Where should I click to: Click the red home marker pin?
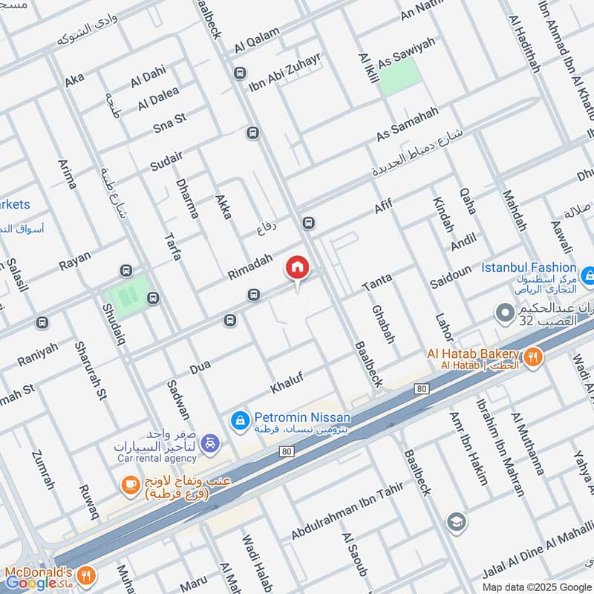[297, 268]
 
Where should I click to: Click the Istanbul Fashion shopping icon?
[587, 277]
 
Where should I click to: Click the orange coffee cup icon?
[129, 484]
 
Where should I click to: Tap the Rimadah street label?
[250, 265]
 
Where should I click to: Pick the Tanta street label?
[376, 281]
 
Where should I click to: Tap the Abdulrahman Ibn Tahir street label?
[347, 512]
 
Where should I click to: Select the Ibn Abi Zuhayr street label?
[284, 74]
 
